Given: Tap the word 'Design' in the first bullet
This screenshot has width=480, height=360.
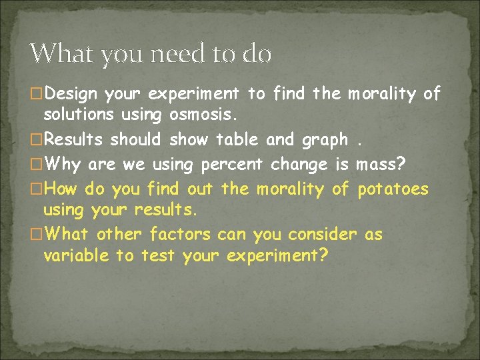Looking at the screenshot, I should coord(74,93).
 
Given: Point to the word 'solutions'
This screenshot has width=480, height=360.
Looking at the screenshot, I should coord(79,115).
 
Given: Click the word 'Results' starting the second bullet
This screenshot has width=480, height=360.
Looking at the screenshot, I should coord(74,140).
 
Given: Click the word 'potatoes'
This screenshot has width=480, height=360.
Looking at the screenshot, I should coord(394,189).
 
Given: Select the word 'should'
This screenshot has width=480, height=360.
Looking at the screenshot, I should coord(135,140).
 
